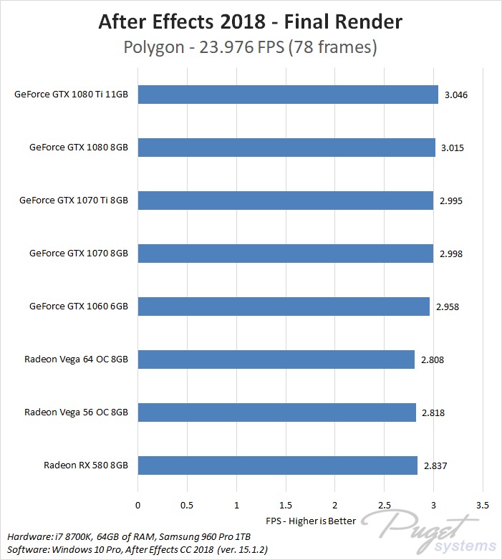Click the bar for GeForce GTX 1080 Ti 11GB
tap(287, 95)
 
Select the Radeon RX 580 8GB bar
tap(277, 465)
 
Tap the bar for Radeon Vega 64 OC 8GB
tap(276, 359)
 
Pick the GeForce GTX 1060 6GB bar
tap(284, 306)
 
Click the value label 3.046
tap(456, 95)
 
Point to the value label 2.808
tap(433, 359)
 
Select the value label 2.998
tap(451, 254)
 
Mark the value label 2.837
tap(435, 465)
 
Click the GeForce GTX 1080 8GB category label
tap(78, 148)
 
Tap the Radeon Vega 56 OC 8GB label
tap(76, 412)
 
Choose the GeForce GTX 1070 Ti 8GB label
tap(73, 201)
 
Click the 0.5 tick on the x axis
tap(187, 504)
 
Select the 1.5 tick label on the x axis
tap(285, 504)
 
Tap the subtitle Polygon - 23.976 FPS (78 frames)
tap(250, 49)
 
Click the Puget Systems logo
tap(430, 533)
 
